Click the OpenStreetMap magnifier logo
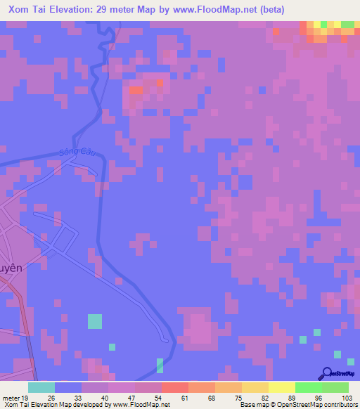point(326,372)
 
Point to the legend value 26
point(51,397)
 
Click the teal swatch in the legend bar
point(41,387)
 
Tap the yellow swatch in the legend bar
point(281,387)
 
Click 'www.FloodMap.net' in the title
point(247,8)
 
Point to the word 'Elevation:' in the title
point(79,8)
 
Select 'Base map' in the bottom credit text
point(252,405)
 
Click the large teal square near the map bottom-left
point(94,321)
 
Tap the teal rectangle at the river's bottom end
point(160,365)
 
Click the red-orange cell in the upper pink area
point(136,90)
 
